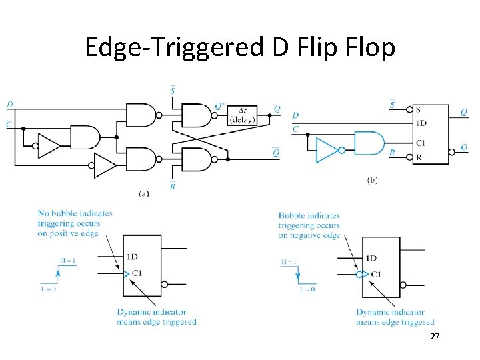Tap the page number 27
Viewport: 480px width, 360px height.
tap(435, 337)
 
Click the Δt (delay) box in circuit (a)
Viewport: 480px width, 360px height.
tap(241, 115)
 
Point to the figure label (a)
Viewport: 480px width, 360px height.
tap(143, 193)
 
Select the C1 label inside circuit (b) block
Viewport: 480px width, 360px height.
tap(421, 143)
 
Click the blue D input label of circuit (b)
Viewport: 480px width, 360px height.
tap(295, 116)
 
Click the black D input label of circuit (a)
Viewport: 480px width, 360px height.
tap(9, 104)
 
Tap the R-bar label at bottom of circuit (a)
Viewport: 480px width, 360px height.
tap(172, 186)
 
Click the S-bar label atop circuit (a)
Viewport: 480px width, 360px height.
tap(173, 91)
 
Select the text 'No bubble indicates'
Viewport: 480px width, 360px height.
tap(75, 213)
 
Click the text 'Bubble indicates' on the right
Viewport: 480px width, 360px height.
tap(309, 215)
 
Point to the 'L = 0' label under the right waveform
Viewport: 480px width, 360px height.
tap(307, 289)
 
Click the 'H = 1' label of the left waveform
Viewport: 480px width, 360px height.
tap(67, 261)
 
